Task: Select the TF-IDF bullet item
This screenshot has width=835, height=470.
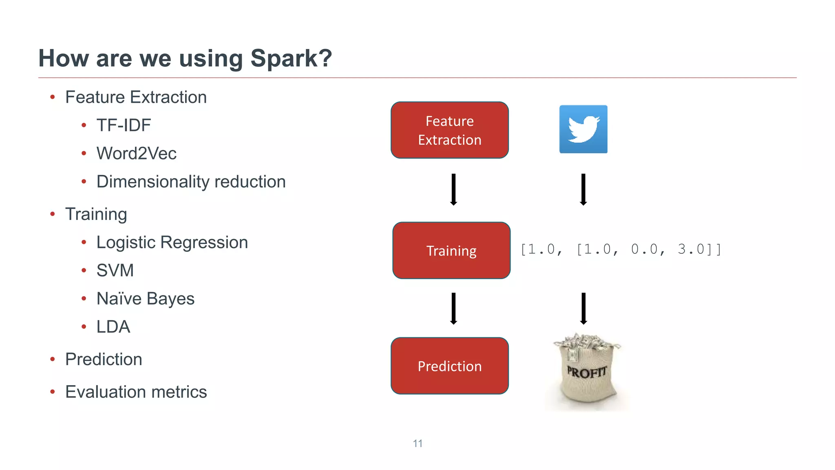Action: tap(124, 125)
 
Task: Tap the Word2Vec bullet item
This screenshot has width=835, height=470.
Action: tap(136, 153)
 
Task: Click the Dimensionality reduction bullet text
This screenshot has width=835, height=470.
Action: tap(191, 182)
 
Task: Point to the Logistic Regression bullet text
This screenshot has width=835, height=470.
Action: tap(172, 242)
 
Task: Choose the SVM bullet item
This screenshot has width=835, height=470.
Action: tap(115, 270)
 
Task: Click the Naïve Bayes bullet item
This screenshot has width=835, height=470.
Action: tap(145, 299)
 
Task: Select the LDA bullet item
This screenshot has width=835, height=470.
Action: tap(113, 327)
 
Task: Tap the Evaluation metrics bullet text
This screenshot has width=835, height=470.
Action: tap(136, 392)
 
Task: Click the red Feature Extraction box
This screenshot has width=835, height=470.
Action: tap(450, 130)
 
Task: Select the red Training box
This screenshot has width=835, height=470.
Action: tap(451, 251)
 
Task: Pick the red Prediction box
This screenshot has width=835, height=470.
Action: tap(450, 366)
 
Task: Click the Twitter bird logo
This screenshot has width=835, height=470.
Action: tap(583, 129)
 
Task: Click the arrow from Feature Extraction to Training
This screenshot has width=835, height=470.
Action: tap(453, 189)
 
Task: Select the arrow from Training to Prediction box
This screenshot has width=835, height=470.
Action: tap(453, 308)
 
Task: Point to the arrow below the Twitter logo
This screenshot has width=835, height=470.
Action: tap(583, 189)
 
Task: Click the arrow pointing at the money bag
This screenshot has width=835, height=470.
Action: tap(583, 308)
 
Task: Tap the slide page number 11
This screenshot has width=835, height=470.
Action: tap(417, 443)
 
